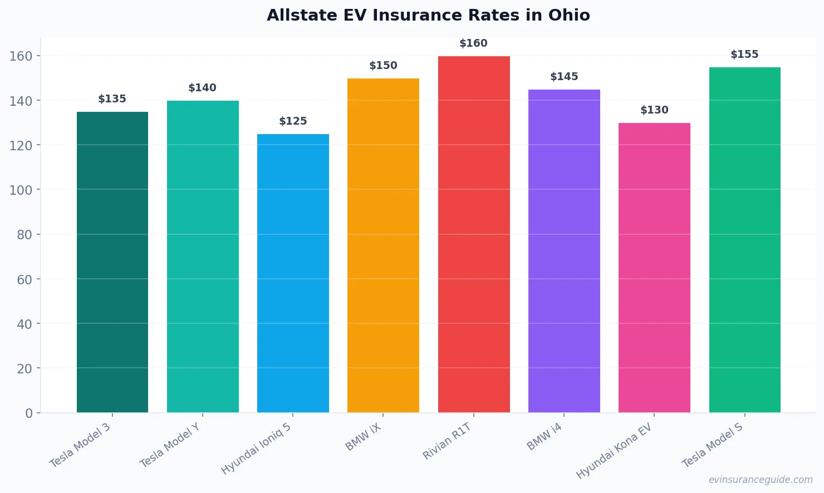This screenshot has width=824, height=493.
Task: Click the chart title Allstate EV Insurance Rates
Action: click(428, 15)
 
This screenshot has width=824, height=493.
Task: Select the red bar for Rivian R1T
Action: click(474, 234)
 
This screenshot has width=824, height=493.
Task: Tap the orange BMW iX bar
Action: click(383, 245)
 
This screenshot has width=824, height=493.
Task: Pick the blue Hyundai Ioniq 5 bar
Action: click(293, 273)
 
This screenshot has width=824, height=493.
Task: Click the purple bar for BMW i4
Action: click(564, 250)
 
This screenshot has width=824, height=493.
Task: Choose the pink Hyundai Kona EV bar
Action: click(654, 267)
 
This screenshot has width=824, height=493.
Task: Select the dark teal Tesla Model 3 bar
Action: click(112, 262)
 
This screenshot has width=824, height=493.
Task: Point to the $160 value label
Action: click(473, 43)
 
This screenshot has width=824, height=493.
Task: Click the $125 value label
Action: click(293, 121)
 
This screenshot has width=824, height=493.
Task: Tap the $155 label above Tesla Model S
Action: click(744, 55)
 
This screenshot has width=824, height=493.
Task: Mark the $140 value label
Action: click(202, 88)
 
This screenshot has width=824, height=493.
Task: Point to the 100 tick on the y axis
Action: click(21, 190)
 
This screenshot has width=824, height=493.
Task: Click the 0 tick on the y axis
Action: click(29, 413)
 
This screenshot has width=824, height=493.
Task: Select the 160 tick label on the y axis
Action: click(21, 56)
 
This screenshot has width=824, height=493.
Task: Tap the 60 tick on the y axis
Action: click(24, 279)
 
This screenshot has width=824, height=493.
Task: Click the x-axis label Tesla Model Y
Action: click(170, 445)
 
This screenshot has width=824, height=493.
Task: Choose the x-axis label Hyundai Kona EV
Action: click(614, 450)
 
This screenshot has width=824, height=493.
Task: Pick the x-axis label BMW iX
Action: click(364, 437)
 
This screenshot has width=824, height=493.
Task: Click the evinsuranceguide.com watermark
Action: click(761, 480)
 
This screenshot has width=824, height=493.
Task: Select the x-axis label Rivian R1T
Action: click(447, 441)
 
